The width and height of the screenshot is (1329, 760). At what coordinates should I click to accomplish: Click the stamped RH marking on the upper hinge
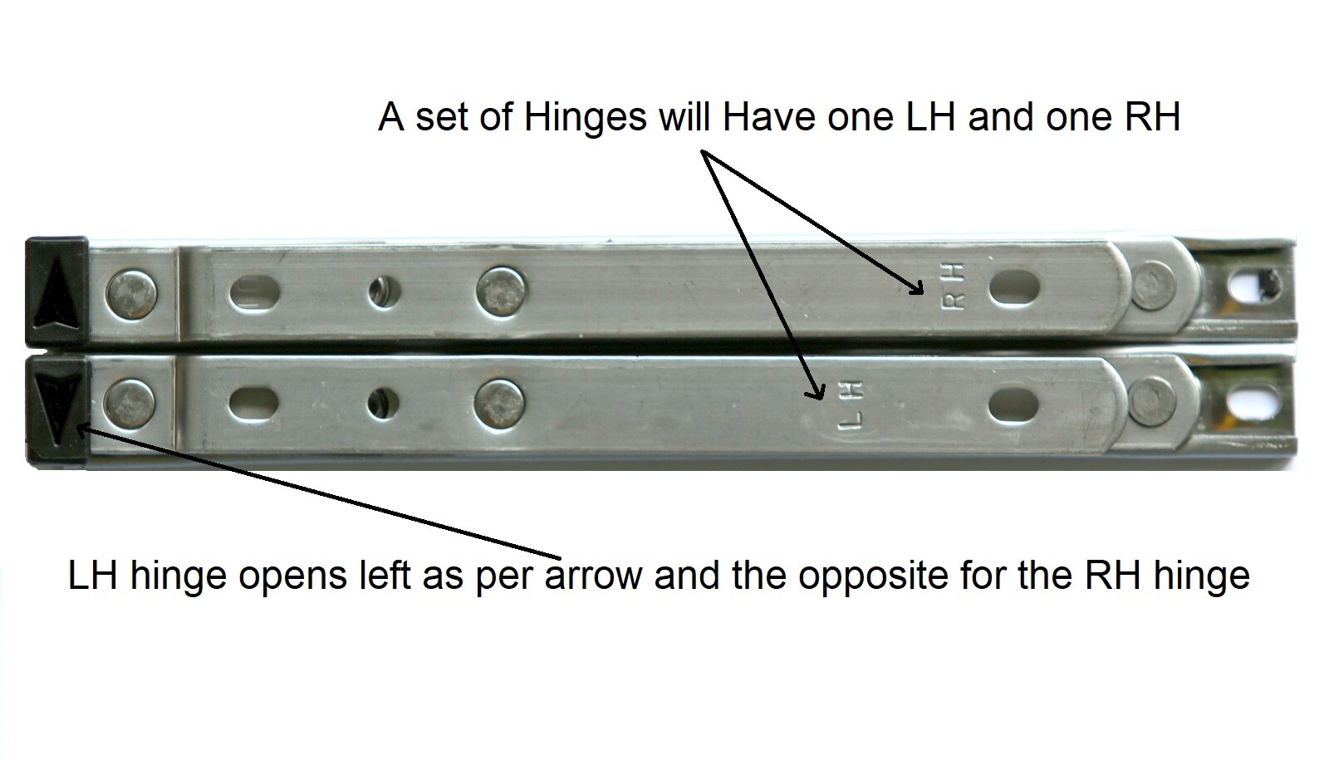point(954,287)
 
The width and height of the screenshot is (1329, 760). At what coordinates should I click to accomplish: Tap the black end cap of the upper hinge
point(56,292)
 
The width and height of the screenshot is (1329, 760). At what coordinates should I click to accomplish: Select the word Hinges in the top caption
point(585,118)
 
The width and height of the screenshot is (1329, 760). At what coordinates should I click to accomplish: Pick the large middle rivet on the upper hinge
point(503,291)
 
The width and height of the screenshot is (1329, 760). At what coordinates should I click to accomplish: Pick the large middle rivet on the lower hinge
point(503,405)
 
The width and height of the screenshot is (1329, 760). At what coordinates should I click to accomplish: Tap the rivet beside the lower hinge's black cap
point(130,405)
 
